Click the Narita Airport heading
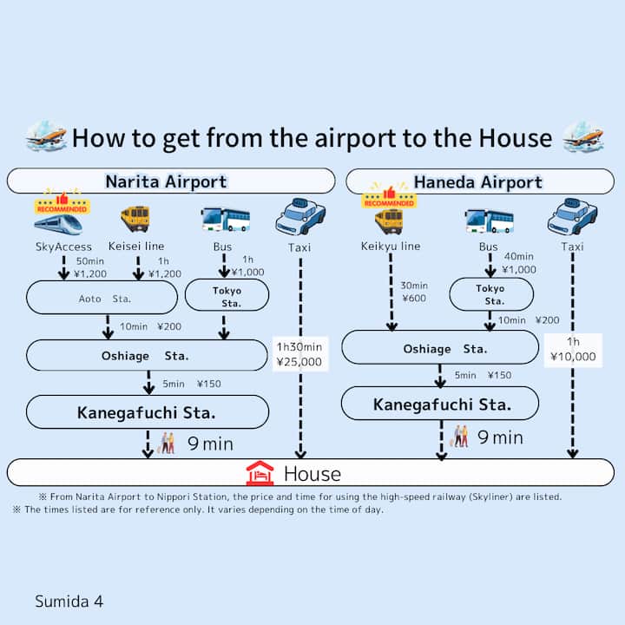166,181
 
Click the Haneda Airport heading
477,181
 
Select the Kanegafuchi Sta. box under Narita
147,411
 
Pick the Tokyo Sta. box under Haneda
490,294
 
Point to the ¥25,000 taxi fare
299,361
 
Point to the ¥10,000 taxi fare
573,356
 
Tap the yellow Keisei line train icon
135,218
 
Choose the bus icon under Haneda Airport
489,220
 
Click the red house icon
260,473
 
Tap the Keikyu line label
390,247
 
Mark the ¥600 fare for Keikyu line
414,299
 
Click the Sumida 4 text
69,600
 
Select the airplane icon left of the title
45,136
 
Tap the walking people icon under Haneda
460,436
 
